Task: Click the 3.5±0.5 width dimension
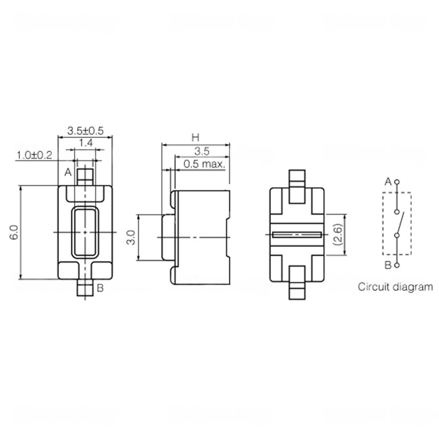pos(85,130)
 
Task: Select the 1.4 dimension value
pos(86,143)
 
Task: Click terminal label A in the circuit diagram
pos(388,182)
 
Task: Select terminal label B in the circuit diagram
pos(388,265)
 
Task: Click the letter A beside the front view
pos(68,171)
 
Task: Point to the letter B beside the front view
pos(101,288)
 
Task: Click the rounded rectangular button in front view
pos(85,232)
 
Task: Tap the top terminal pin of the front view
pos(85,174)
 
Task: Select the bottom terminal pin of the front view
pos(85,289)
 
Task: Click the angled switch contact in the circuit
pos(401,222)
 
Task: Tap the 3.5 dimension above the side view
pos(201,151)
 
